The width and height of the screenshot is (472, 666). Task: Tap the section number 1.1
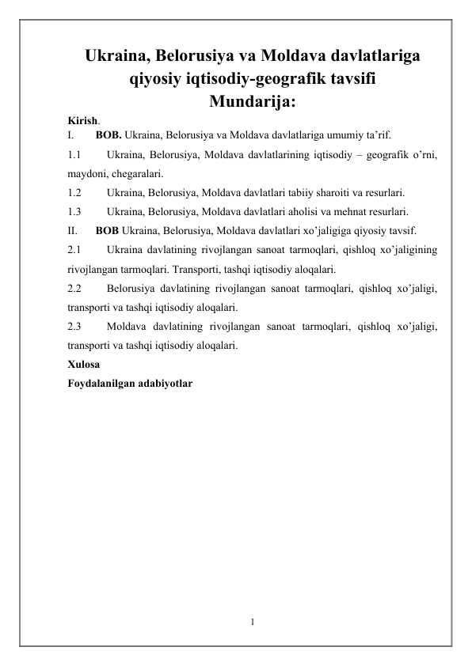74,153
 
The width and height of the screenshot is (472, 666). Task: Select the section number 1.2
74,192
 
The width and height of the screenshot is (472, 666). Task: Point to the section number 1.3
74,211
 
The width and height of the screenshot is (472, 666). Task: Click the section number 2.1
74,250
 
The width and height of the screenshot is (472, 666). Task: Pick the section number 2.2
74,288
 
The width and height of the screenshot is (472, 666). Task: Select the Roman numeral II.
72,231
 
